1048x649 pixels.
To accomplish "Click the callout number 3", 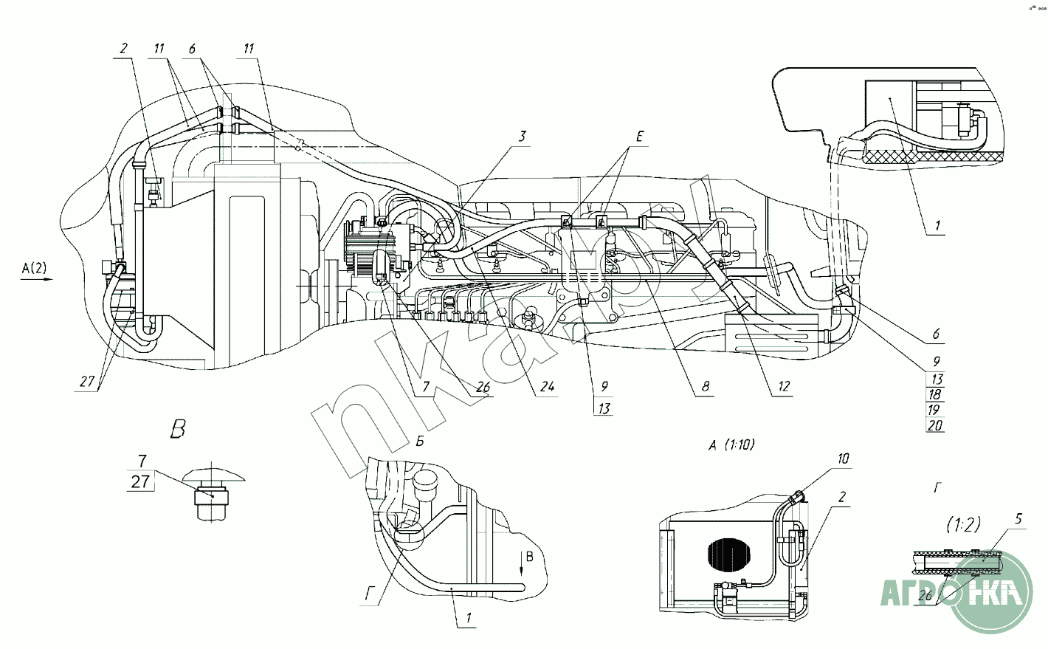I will tap(521, 135).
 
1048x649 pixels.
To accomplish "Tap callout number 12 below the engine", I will tap(783, 386).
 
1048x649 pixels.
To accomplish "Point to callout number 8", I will tap(706, 385).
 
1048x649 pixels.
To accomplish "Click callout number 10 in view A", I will tap(844, 459).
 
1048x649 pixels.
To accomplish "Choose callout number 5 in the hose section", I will tap(1018, 518).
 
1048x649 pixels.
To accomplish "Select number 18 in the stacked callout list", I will tap(936, 394).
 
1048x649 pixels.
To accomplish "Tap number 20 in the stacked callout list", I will tap(936, 425).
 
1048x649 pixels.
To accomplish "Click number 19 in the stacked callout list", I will tap(936, 409).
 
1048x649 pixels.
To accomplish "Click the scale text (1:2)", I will tap(963, 524).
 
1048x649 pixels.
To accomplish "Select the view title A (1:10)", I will tap(731, 445).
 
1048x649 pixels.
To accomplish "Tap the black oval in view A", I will tap(728, 555).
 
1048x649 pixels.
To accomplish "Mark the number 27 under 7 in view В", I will tap(140, 482).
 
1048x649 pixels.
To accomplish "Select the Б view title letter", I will tap(418, 442).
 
